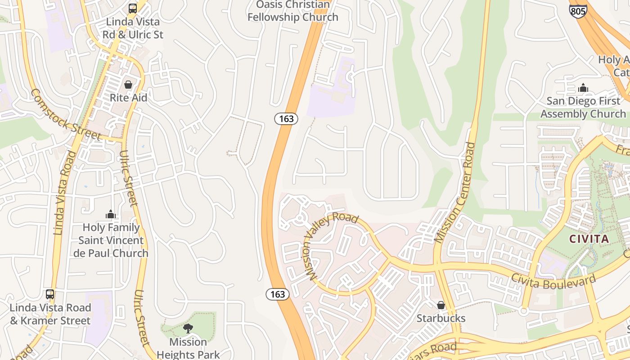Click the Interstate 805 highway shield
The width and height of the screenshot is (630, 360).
578,10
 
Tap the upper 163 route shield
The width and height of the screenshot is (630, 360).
286,119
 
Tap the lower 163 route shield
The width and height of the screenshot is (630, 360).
278,294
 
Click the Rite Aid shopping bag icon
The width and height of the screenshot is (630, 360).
128,85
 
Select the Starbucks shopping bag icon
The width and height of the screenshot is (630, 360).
441,305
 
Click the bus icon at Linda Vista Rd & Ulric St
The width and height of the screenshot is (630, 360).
132,8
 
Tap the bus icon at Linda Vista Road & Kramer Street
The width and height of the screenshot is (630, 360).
50,294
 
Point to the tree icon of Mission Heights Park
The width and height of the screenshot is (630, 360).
188,328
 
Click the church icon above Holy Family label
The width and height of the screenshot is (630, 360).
110,214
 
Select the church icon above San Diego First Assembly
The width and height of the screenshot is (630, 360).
583,88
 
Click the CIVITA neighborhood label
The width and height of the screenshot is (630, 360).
589,239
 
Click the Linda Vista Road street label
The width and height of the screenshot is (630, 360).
65,193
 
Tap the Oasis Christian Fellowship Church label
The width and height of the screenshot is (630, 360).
292,11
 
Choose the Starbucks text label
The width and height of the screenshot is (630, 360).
441,318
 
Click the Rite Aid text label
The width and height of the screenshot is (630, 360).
128,98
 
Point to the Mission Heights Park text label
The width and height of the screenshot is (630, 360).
188,348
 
